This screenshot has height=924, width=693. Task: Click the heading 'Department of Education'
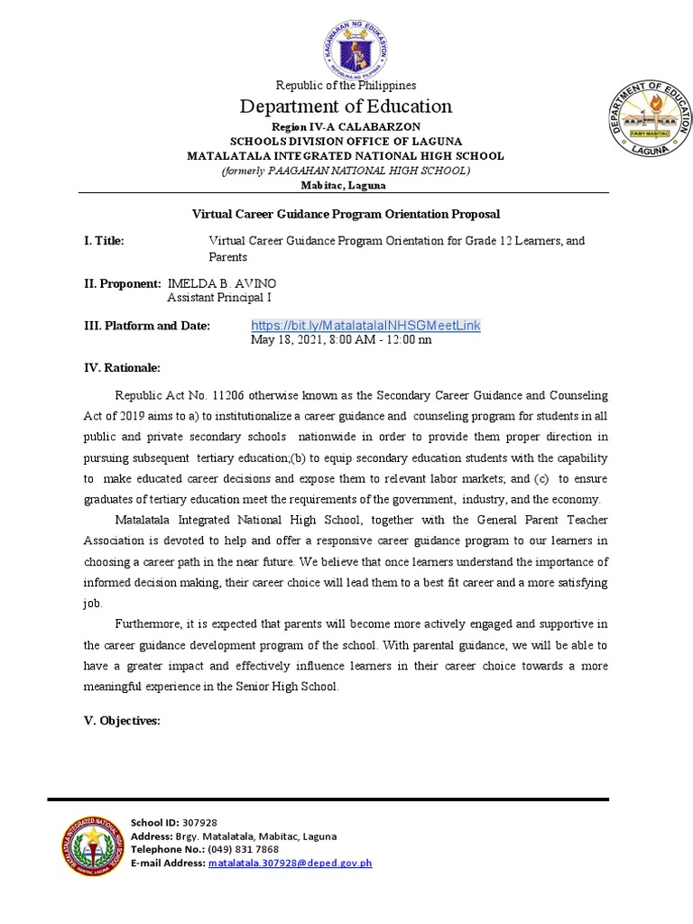pos(346,106)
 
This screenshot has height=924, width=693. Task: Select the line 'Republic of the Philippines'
pos(346,85)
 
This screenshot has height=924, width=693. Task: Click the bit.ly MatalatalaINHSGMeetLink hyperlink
pos(365,325)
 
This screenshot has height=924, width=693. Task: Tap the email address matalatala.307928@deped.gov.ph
pos(290,863)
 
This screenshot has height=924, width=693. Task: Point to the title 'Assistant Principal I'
pos(219,297)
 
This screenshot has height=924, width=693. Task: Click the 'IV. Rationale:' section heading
pos(122,367)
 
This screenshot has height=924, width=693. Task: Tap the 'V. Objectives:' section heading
pos(122,721)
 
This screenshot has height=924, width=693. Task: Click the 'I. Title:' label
pos(104,241)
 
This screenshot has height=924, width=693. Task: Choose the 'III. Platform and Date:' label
pos(146,325)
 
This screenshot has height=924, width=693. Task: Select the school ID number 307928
pos(199,822)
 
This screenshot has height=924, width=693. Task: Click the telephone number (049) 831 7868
pos(243,849)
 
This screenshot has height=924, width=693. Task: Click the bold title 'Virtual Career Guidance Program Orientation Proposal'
pos(346,214)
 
